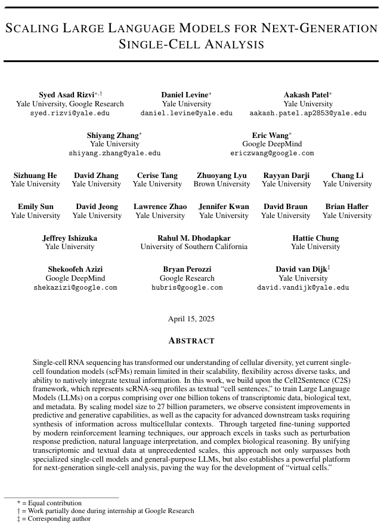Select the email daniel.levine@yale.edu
187,113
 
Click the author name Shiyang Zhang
113,136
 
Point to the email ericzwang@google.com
272,153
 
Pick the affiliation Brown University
222,184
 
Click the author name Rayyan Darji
286,176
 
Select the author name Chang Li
347,176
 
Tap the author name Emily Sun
35,207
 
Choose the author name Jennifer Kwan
224,207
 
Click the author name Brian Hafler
347,207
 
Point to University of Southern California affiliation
194,247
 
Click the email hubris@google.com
187,287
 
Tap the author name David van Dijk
301,270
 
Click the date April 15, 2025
191,319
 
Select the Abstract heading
191,340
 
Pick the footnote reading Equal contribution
52,503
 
